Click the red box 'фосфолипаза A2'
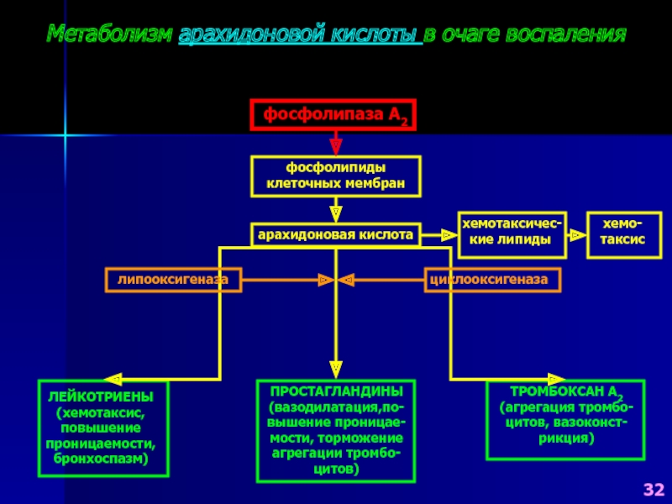333,114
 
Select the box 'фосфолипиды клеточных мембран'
335,176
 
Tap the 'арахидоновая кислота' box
335,235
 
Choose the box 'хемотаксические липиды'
512,235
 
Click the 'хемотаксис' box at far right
624,235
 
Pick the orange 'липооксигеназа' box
173,280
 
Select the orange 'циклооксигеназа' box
492,280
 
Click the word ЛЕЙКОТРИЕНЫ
101,396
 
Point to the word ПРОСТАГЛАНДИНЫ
337,391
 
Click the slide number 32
654,490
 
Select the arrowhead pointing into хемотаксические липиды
449,235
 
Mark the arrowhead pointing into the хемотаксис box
578,235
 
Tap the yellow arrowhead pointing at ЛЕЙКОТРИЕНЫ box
113,380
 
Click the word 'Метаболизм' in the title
110,34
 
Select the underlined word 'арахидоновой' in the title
251,34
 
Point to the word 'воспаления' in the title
565,34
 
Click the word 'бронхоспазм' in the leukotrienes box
101,459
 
